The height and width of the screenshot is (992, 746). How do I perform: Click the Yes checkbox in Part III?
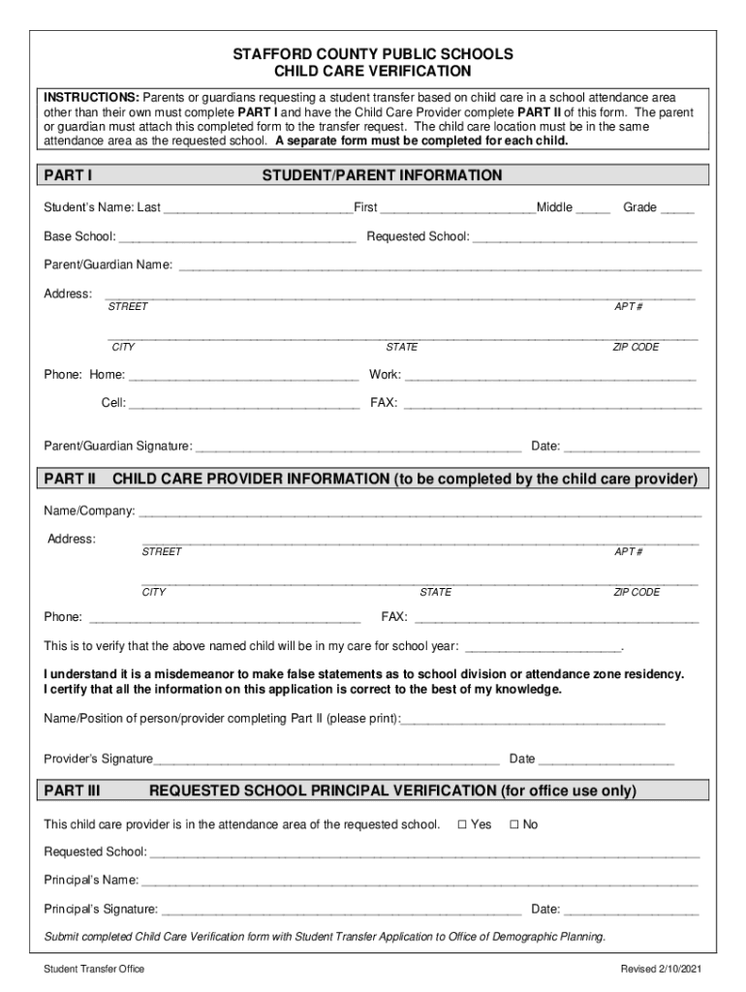pyautogui.click(x=462, y=824)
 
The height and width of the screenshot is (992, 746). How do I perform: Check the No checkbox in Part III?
pyautogui.click(x=514, y=824)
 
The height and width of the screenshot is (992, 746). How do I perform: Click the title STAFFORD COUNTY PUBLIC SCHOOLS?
pyautogui.click(x=372, y=54)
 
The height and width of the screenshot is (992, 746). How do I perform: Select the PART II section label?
pyautogui.click(x=70, y=479)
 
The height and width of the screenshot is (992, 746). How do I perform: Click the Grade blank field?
pyautogui.click(x=678, y=207)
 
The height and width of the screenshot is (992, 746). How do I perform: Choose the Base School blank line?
pyautogui.click(x=236, y=236)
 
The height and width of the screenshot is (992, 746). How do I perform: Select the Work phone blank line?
pyautogui.click(x=550, y=375)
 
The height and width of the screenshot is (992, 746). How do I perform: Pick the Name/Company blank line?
pyautogui.click(x=420, y=511)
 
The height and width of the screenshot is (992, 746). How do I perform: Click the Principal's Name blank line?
pyautogui.click(x=420, y=881)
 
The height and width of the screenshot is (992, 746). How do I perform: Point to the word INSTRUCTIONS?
pyautogui.click(x=90, y=98)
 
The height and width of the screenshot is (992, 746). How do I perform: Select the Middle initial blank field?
pyautogui.click(x=593, y=207)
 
